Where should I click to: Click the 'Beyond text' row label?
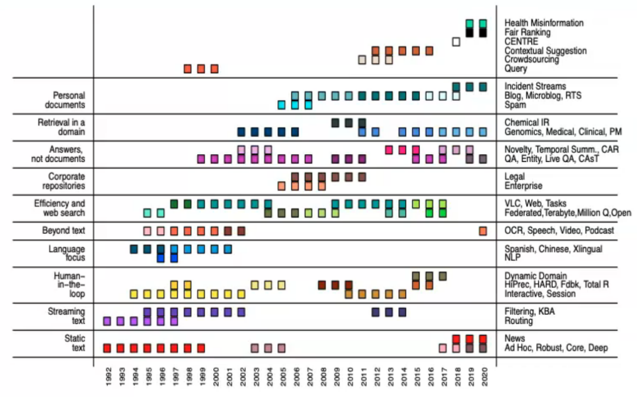point(63,230)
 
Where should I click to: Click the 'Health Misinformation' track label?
point(543,23)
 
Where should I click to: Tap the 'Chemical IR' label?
point(526,122)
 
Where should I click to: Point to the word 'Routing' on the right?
point(519,321)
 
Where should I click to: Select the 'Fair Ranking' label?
point(527,32)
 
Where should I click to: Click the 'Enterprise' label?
point(523,186)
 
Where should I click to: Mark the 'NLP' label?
point(513,258)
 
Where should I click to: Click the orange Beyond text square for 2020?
point(483,231)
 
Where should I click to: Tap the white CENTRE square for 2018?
point(456,41)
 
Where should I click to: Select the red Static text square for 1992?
point(107,348)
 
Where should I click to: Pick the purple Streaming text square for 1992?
point(107,321)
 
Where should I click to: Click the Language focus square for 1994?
point(134,249)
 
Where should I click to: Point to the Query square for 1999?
point(201,69)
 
